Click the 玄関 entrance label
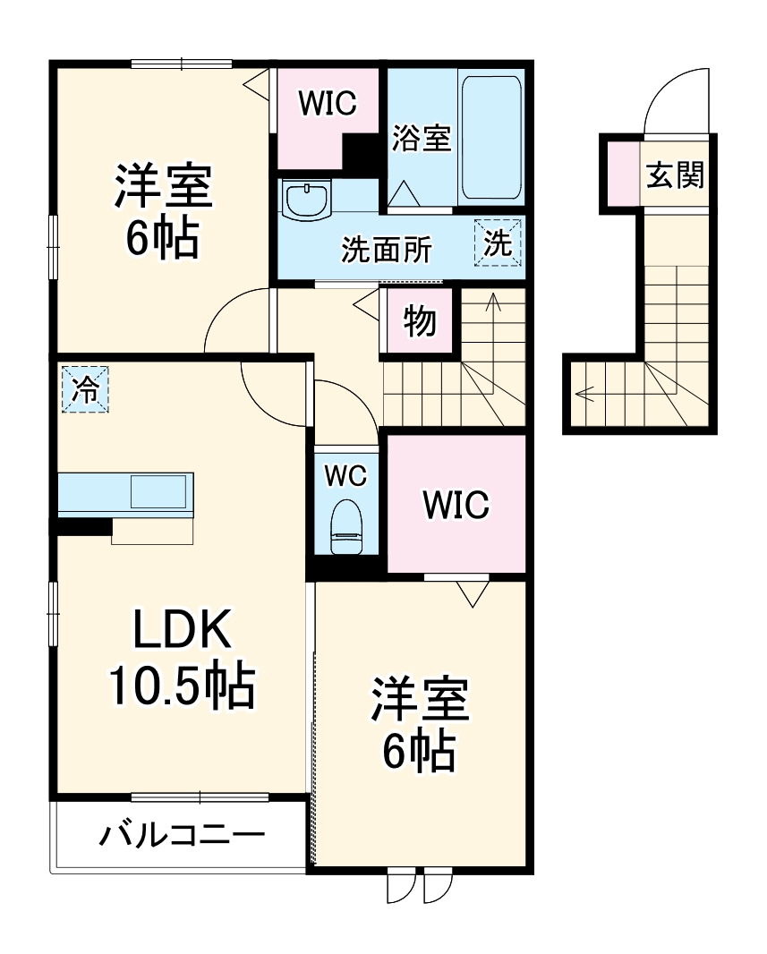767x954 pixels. [676, 175]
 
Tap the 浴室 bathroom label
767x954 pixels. [422, 140]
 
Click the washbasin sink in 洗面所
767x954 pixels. [306, 198]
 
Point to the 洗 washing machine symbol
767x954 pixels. [498, 243]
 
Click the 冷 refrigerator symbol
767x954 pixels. [86, 389]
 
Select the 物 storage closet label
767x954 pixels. [419, 321]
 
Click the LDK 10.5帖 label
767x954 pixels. [183, 659]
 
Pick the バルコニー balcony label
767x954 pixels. [183, 837]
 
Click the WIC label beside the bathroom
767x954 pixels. [327, 104]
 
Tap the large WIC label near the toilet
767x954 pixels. [456, 506]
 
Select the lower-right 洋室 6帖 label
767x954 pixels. [421, 725]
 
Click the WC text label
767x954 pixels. [345, 476]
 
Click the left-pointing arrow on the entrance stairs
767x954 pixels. [587, 391]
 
